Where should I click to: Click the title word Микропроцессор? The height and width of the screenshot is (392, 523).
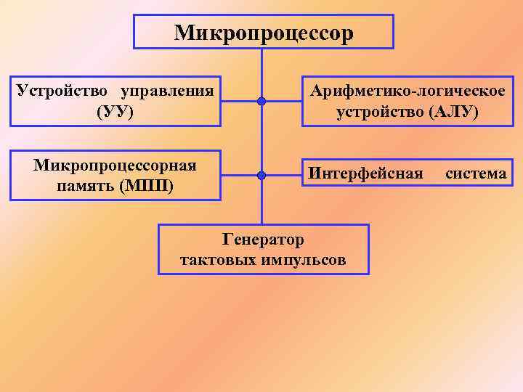[263, 33]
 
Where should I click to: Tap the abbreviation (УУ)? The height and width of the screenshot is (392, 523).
[115, 113]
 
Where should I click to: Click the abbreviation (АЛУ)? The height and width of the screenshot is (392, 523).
[453, 113]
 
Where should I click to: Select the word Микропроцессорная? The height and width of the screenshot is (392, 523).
[115, 164]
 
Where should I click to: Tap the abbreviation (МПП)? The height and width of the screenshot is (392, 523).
[149, 186]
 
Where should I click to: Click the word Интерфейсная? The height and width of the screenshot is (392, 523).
[365, 174]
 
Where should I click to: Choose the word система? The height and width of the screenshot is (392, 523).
[476, 174]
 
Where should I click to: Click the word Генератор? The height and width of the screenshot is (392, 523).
[263, 239]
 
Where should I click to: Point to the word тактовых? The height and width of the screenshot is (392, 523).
[216, 260]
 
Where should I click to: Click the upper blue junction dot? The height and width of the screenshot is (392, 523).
[261, 102]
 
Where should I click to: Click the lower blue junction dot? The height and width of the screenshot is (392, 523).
[261, 175]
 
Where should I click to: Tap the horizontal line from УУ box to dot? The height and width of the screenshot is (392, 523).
[240, 102]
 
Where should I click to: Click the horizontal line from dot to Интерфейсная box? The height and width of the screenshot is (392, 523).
[283, 175]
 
